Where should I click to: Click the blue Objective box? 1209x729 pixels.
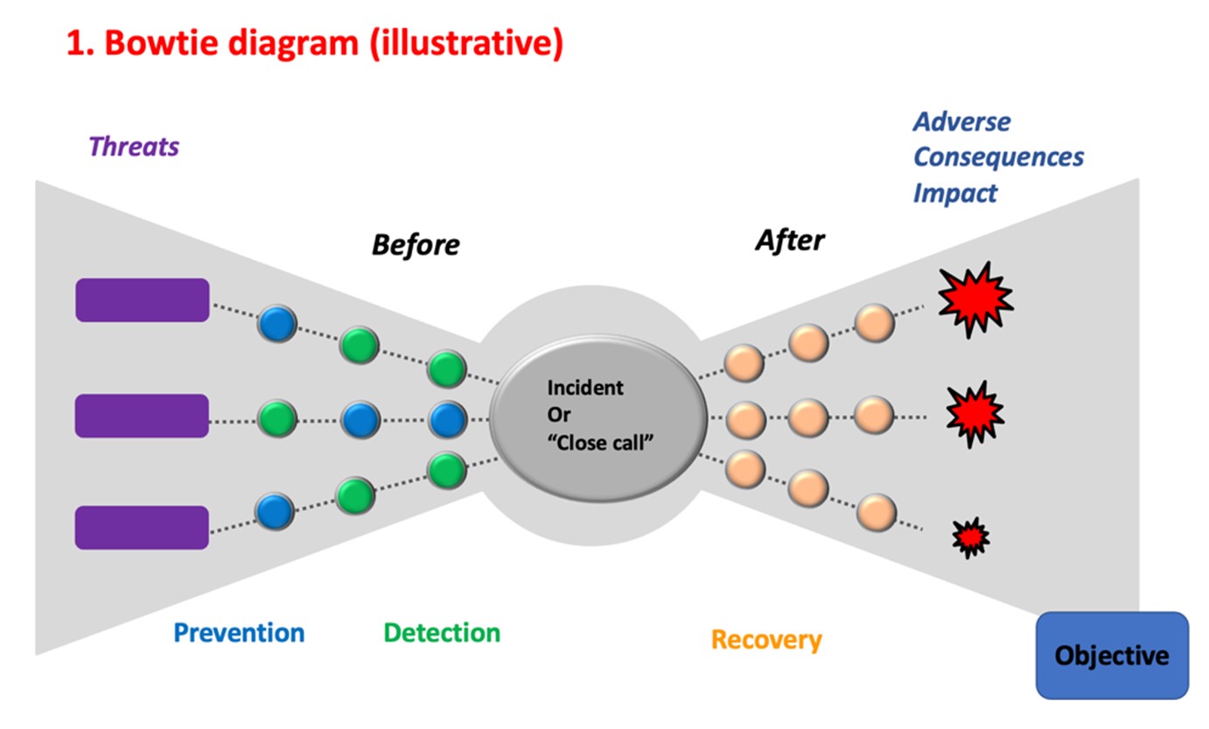[x=1111, y=655]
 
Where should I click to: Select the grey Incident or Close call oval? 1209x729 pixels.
[x=598, y=417]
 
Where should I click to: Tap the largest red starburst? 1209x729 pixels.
[x=975, y=299]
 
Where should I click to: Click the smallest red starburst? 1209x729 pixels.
[x=970, y=537]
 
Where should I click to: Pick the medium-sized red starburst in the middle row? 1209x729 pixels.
[x=975, y=412]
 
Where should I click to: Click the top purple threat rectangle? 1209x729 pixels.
[x=142, y=300]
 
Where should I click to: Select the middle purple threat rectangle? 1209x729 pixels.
[x=142, y=416]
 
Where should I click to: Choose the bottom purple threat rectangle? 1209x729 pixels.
[x=142, y=527]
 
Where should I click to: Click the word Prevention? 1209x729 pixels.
[x=239, y=633]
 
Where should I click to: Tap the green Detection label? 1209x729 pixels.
[x=442, y=633]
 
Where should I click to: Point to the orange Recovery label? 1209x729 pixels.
[x=766, y=640]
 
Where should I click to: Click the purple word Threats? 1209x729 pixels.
[x=134, y=146]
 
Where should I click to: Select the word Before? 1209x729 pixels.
[x=415, y=245]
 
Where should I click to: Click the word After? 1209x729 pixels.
[x=789, y=240]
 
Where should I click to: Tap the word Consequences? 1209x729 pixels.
[x=998, y=158]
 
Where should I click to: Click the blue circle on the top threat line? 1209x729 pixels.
[x=277, y=323]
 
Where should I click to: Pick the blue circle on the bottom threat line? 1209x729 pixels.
[x=275, y=510]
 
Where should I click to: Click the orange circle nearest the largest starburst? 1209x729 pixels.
[x=873, y=324]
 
